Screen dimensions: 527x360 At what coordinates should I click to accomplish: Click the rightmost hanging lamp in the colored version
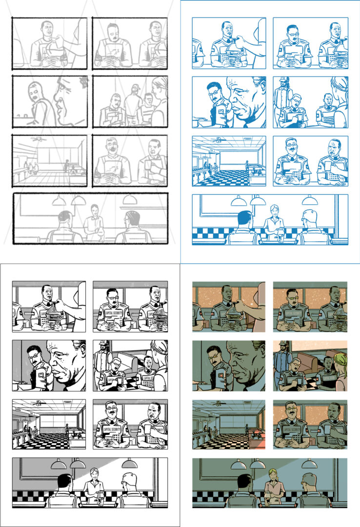click(x=309, y=464)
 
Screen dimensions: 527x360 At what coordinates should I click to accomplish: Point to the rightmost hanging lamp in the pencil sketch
click(x=129, y=200)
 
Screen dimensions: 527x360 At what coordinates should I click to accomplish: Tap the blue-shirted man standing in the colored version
click(x=282, y=360)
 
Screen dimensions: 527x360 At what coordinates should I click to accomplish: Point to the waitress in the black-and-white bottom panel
click(x=93, y=483)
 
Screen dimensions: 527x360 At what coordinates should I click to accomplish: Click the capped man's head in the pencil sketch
click(x=136, y=88)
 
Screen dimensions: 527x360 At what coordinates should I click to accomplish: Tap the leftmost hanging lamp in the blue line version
click(x=239, y=201)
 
